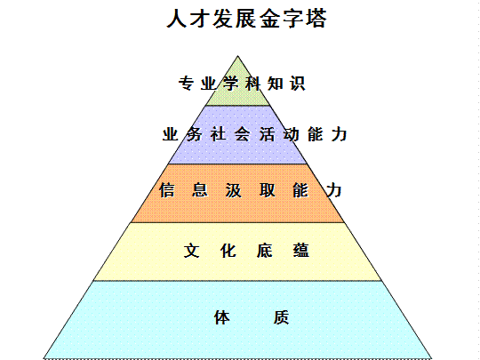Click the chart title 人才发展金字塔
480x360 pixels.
(x=247, y=19)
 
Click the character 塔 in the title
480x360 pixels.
(x=316, y=19)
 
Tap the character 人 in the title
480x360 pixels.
(x=177, y=19)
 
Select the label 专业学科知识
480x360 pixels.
(x=242, y=84)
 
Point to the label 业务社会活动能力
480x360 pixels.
(x=255, y=134)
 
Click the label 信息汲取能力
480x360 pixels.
(x=250, y=190)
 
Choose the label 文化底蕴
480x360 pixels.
(x=246, y=251)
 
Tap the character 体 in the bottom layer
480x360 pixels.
(x=221, y=317)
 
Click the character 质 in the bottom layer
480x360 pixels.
(x=281, y=317)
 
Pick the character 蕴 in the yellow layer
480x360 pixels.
(x=301, y=251)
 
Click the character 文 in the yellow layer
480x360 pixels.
(x=192, y=251)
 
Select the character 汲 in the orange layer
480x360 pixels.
(x=233, y=190)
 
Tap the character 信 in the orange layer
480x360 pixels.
(x=167, y=190)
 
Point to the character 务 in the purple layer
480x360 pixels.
(x=194, y=134)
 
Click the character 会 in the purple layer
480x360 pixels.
(x=243, y=134)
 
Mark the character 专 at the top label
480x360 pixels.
(x=186, y=84)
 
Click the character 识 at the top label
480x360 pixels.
(x=298, y=84)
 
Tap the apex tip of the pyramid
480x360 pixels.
(x=238, y=56)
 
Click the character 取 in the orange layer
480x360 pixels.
(x=267, y=190)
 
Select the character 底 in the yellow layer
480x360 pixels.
(x=265, y=251)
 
